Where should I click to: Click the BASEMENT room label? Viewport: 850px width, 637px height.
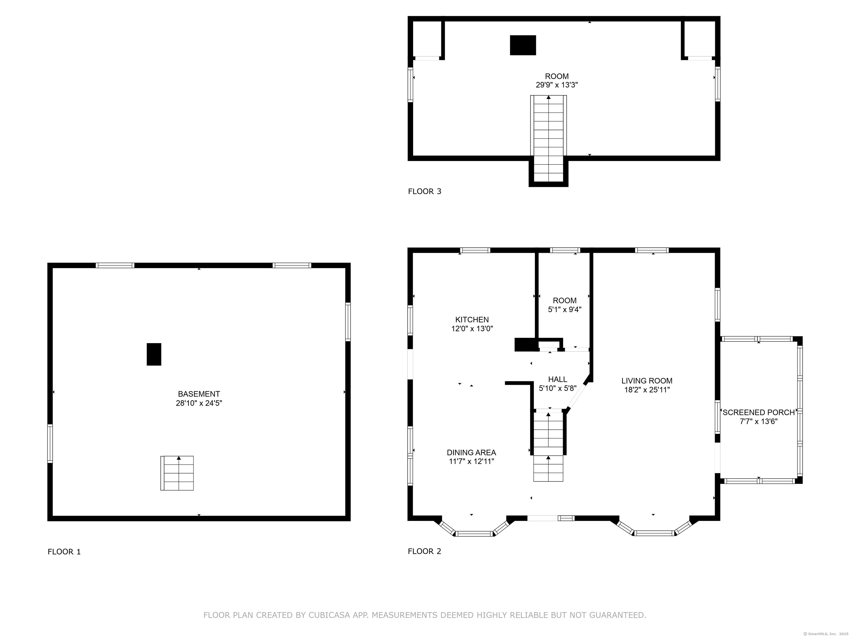(199, 394)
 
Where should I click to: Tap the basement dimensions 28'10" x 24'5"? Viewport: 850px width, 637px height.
(199, 403)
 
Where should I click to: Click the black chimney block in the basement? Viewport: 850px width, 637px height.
(154, 354)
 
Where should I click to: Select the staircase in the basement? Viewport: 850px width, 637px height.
(177, 473)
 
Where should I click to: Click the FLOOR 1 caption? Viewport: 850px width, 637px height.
(64, 552)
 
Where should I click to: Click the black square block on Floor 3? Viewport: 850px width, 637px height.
(523, 45)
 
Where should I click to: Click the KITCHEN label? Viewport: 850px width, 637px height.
(472, 319)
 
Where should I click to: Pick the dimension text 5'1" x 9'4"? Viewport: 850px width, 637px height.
(564, 309)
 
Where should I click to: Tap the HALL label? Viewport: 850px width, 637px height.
(558, 379)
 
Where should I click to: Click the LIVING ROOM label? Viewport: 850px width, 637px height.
(647, 381)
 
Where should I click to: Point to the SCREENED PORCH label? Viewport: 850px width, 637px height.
(758, 413)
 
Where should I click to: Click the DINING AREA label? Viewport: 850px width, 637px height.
(471, 453)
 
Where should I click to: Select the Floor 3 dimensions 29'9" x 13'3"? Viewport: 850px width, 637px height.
(557, 85)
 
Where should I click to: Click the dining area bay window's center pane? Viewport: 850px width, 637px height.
(473, 533)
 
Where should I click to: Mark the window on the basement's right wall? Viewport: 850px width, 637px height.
(348, 322)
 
